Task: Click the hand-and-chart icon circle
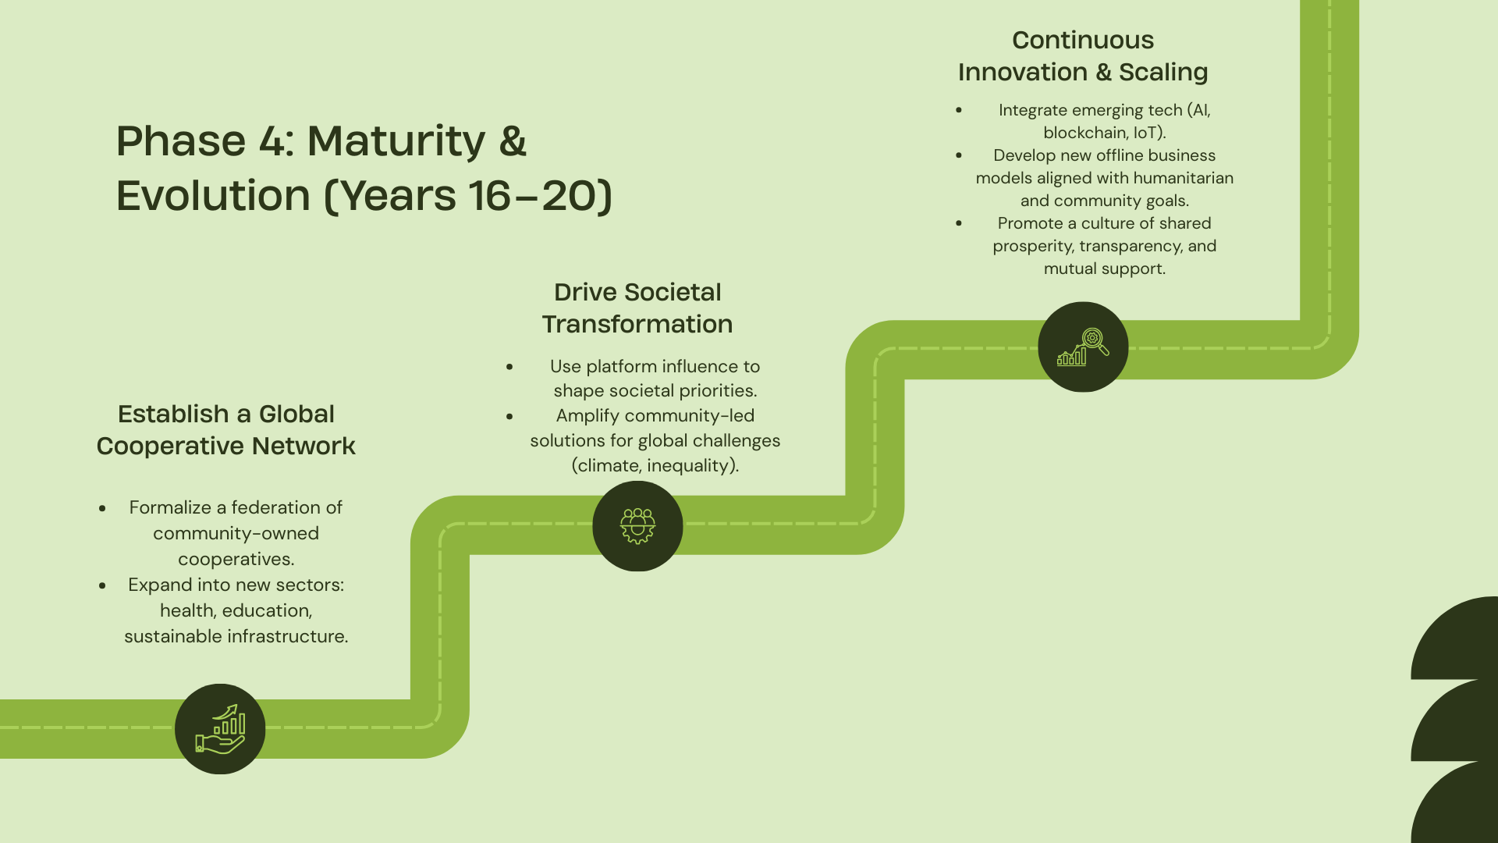220,729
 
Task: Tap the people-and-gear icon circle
637,526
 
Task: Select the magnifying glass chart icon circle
1083,347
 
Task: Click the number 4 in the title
272,141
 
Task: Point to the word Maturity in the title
396,141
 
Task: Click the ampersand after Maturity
513,141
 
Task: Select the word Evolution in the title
213,195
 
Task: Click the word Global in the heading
296,414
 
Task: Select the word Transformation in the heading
637,324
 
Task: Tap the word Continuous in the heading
1083,40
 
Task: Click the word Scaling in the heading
1163,72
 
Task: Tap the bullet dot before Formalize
102,508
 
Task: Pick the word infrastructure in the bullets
286,636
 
